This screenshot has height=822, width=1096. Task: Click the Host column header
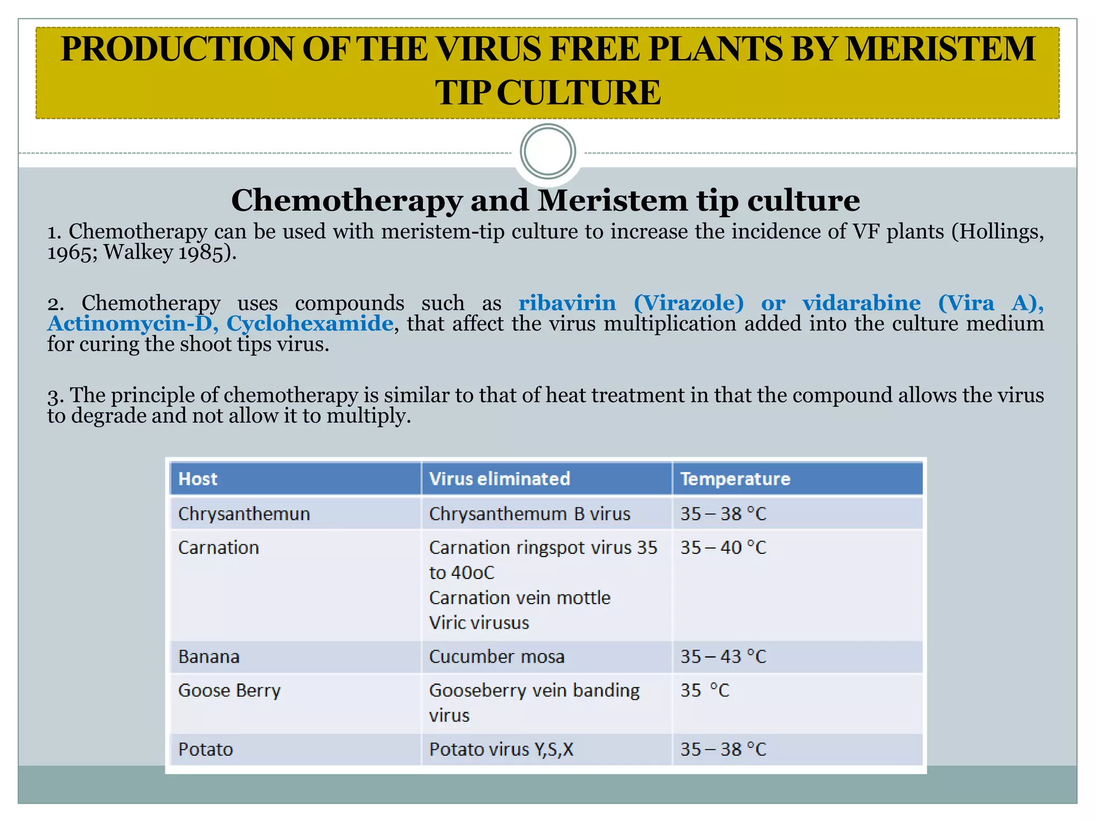coord(197,478)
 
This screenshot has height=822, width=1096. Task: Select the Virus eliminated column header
coord(499,478)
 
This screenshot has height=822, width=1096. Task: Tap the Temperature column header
coord(735,478)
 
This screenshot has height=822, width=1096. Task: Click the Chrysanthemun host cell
coord(243,514)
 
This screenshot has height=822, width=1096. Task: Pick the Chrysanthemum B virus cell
coord(529,514)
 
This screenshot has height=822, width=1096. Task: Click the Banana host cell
coord(209,657)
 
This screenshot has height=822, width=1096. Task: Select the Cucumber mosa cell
coord(497,657)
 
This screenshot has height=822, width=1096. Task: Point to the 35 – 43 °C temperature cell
coord(723,657)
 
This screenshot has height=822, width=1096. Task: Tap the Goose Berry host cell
coord(229,690)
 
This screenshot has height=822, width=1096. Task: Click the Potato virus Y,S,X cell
coord(501,749)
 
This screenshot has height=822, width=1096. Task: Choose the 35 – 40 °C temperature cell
coord(723,547)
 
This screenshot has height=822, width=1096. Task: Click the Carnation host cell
coord(218,547)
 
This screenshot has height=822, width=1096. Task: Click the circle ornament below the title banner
coord(547,151)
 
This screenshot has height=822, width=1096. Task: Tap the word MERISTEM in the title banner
coord(940,49)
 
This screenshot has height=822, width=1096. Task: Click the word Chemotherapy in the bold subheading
coord(346,201)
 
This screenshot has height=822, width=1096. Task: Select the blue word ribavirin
coord(567,303)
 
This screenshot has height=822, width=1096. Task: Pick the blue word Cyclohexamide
coord(310,324)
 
